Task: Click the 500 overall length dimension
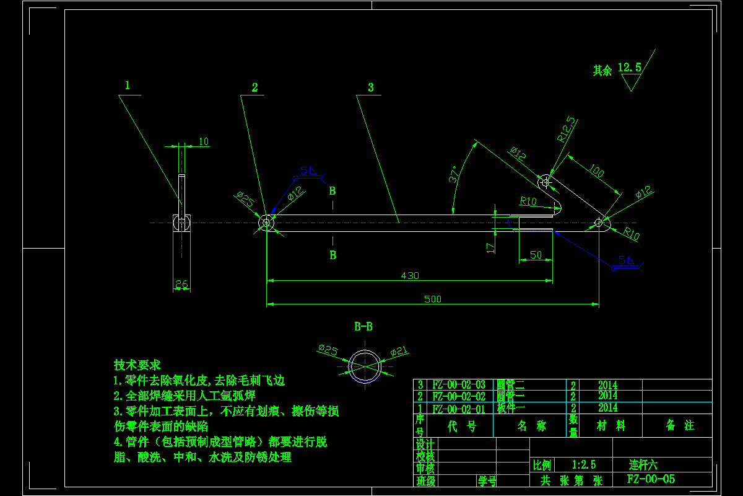coord(432,299)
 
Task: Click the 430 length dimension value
coord(410,275)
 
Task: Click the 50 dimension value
coord(536,255)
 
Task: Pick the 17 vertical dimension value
coord(490,247)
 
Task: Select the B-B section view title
coord(363,326)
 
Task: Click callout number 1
coord(128,85)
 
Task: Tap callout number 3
coord(371,87)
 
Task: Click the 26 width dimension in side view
coord(181,284)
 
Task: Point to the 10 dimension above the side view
coord(204,142)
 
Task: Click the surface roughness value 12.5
coord(629,67)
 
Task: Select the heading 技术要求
coord(137,365)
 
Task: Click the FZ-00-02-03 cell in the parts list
coord(459,384)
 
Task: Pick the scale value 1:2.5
coord(584,464)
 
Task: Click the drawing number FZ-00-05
coord(651,479)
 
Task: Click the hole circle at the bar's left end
coord(266,222)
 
